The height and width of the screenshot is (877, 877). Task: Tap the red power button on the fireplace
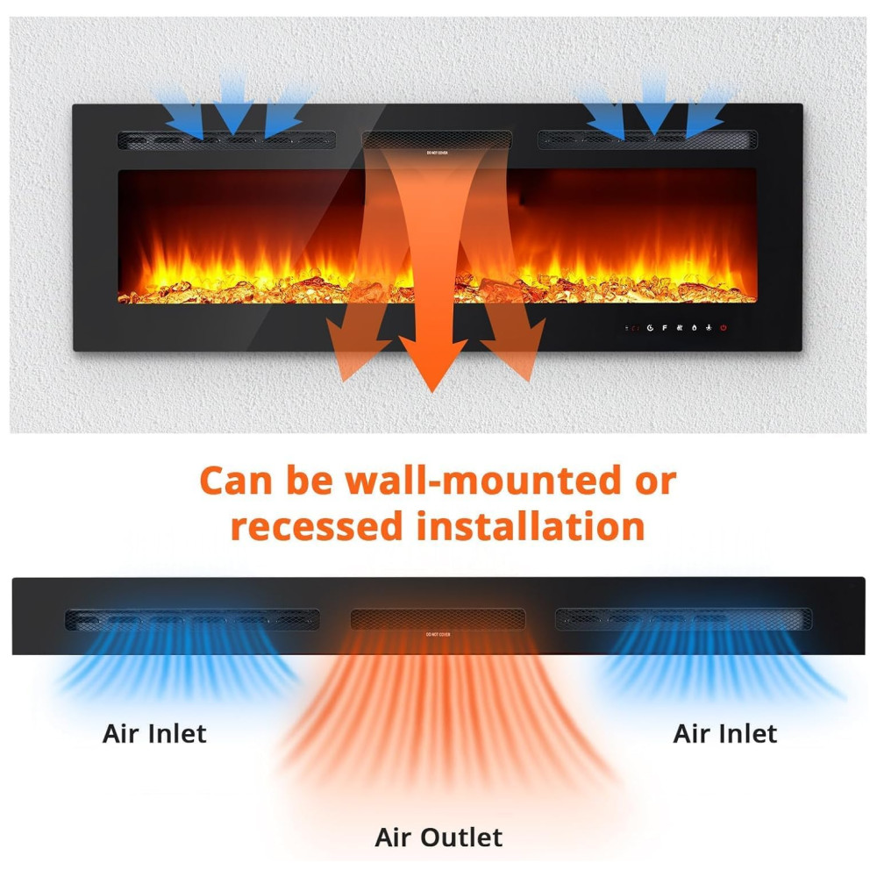pyautogui.click(x=724, y=328)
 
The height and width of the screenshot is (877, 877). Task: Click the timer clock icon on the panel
pyautogui.click(x=650, y=328)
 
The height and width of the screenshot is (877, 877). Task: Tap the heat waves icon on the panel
pyautogui.click(x=680, y=328)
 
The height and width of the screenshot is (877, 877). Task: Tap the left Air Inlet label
pyautogui.click(x=154, y=733)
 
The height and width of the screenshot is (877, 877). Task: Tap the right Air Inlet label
pyautogui.click(x=724, y=733)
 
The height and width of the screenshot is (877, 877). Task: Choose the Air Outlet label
pyautogui.click(x=438, y=837)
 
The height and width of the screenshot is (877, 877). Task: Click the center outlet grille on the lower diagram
pyautogui.click(x=438, y=619)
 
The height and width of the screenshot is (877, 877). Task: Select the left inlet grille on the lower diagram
pyautogui.click(x=192, y=619)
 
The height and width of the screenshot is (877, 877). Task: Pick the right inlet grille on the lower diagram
pyautogui.click(x=683, y=619)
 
